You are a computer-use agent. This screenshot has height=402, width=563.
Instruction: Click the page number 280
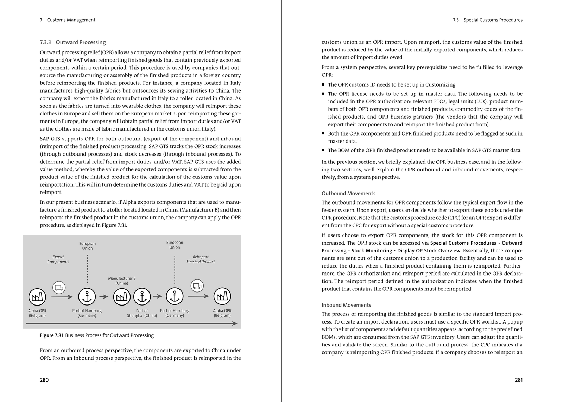coord(44,380)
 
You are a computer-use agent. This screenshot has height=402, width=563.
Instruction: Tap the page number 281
coord(519,380)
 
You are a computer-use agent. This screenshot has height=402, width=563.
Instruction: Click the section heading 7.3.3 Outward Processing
coord(73,42)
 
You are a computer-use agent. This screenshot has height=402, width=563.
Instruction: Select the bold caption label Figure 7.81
coord(51,335)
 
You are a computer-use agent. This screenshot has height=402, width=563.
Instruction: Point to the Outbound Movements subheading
coord(348,194)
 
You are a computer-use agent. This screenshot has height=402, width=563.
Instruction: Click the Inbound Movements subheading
coord(346,305)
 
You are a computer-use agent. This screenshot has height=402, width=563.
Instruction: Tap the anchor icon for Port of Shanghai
coord(142,297)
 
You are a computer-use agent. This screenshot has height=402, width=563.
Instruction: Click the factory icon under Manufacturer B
coord(122,297)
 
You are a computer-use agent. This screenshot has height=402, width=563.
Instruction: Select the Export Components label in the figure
coord(58,259)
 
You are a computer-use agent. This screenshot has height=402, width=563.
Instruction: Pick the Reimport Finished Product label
coord(201,259)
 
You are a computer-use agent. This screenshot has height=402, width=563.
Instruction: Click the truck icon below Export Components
coord(59,288)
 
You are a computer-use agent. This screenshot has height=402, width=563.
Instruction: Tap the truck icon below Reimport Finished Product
coord(197,286)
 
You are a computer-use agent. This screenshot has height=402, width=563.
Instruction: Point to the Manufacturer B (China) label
coord(122,281)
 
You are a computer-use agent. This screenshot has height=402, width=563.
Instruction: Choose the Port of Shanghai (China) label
coord(142,313)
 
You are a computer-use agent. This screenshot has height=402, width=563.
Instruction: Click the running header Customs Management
coord(71,20)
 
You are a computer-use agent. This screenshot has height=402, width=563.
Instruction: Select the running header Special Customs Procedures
coord(493,20)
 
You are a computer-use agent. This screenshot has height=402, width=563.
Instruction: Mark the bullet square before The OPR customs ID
coord(323,84)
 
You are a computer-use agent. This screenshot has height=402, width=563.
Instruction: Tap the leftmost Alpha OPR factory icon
coord(37,297)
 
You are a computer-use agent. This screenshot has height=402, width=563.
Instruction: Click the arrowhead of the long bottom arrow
coord(235,324)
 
